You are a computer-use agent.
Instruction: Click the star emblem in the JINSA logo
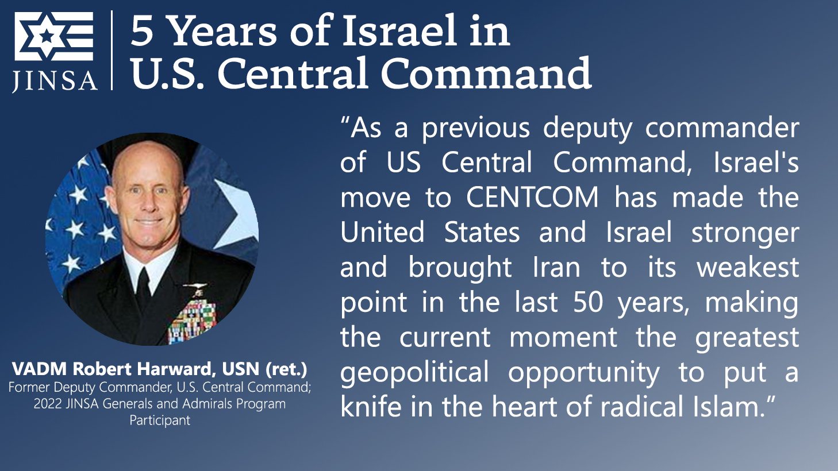(x=47, y=36)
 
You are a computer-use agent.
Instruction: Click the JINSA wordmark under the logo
(x=55, y=80)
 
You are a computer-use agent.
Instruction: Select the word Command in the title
(x=486, y=73)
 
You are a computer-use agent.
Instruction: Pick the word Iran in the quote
(x=556, y=267)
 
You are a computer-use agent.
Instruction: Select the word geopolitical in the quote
(x=414, y=373)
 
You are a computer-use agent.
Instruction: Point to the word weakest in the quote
(x=747, y=267)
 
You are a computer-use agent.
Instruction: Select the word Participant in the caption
(x=160, y=420)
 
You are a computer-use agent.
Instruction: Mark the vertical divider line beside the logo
(x=112, y=50)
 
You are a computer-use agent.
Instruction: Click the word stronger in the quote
(x=745, y=233)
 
